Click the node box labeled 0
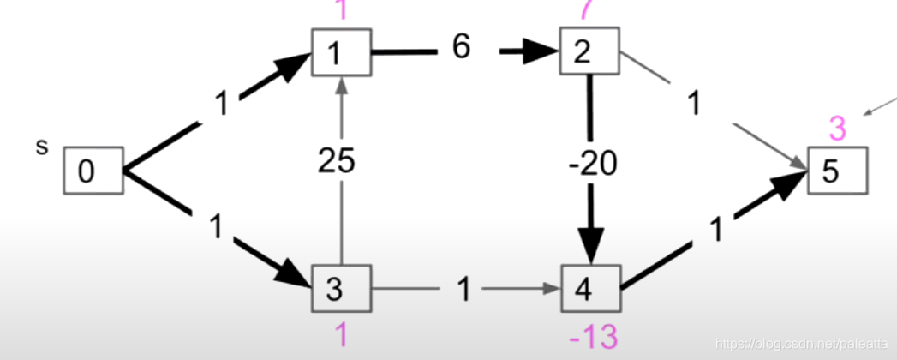93,171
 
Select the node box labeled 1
341,52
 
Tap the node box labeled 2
589,52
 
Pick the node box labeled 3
341,289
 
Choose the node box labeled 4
590,289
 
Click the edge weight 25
336,161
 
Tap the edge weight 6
461,48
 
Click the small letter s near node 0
41,147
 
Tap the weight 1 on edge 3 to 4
463,291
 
